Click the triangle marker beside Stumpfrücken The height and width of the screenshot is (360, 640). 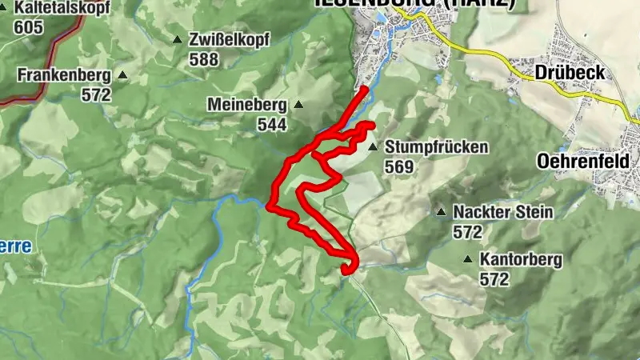pos(372,147)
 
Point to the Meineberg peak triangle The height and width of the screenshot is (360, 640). pos(298,104)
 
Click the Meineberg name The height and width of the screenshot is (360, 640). pos(246,105)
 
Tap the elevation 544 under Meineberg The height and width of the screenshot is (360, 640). pos(272,125)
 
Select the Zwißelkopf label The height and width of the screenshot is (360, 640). pos(230,39)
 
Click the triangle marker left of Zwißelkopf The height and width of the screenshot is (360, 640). pos(177,39)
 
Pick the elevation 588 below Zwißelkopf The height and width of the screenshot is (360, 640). pos(204,58)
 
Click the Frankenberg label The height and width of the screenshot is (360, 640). pos(64,75)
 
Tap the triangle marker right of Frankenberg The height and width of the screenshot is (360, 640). pos(122,75)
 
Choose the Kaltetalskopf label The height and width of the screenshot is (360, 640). pos(58,8)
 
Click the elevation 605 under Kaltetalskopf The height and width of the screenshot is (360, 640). pos(28,26)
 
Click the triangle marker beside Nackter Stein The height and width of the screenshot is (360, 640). pos(440,213)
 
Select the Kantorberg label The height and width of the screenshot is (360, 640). pos(521,259)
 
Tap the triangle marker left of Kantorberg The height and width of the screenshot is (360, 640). pos(467,259)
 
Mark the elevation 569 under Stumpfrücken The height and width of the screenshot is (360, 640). pos(399,167)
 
